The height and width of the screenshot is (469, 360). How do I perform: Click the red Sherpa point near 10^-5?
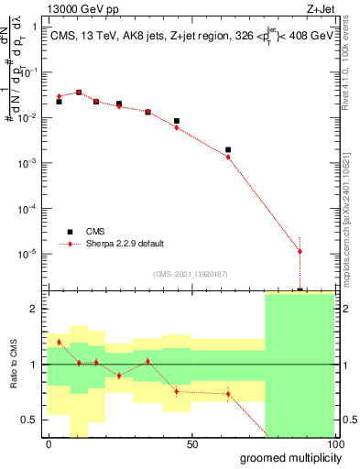300,251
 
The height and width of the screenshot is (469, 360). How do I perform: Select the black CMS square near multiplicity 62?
228,149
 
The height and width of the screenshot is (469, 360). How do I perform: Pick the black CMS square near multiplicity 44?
176,121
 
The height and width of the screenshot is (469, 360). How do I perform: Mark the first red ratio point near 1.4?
60,342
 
